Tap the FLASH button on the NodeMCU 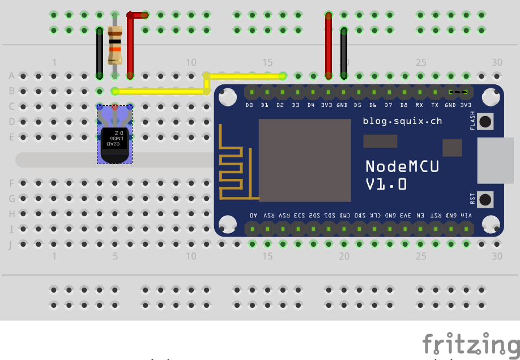pos(485,121)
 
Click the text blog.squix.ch pos(402,121)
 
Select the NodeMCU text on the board pos(402,166)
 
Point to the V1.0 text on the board pos(386,185)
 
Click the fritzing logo pos(470,344)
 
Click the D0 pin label pos(249,105)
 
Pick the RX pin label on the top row pos(419,105)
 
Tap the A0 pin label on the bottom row pos(253,216)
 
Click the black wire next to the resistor pos(100,54)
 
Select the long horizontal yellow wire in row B pos(161,91)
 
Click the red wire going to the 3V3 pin pos(329,45)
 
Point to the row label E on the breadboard pos(11,137)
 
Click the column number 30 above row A pos(497,62)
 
